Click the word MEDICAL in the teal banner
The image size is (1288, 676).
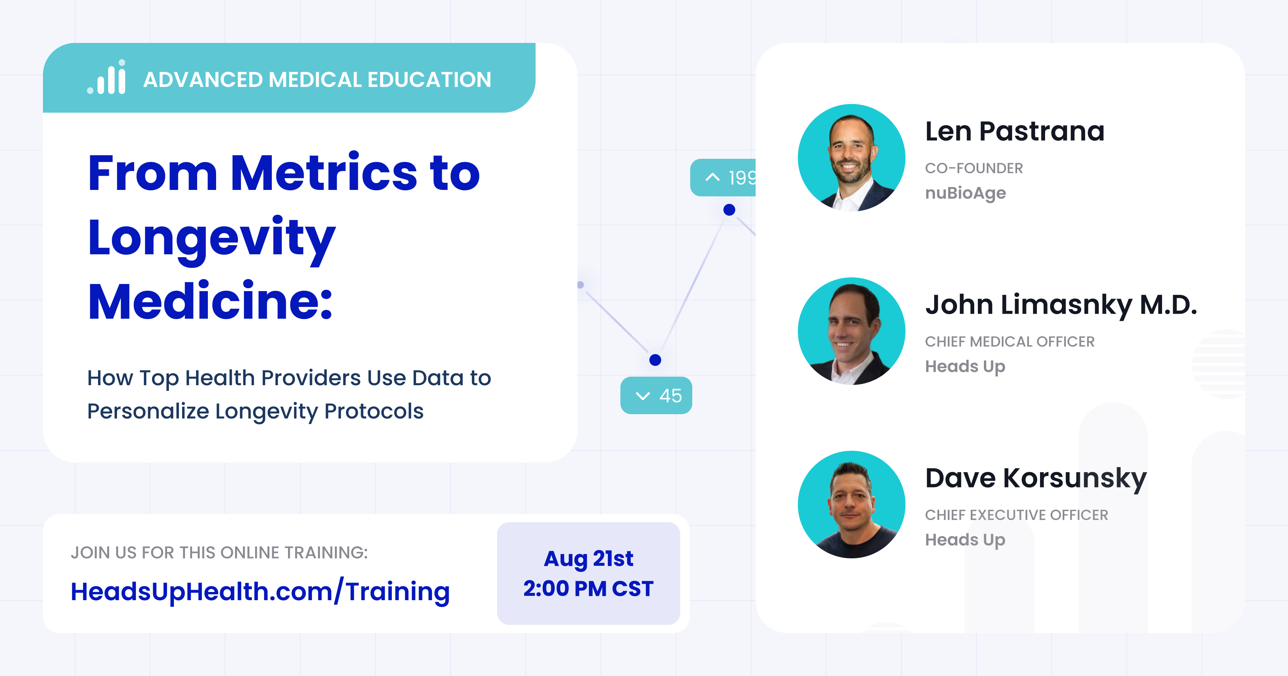315,79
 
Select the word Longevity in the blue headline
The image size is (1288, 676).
211,239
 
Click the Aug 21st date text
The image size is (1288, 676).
589,558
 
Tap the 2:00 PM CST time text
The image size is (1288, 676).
589,588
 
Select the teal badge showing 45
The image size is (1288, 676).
656,396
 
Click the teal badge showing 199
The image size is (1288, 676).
723,177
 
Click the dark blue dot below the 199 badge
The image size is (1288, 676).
730,210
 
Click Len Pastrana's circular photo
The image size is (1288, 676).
852,157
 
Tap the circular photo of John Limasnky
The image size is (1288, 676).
852,331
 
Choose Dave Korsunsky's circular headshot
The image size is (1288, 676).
852,505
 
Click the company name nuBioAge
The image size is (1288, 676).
965,193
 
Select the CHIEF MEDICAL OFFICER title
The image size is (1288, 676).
1010,342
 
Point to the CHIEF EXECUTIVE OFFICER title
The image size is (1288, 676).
1016,515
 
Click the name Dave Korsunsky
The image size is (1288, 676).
1035,479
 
